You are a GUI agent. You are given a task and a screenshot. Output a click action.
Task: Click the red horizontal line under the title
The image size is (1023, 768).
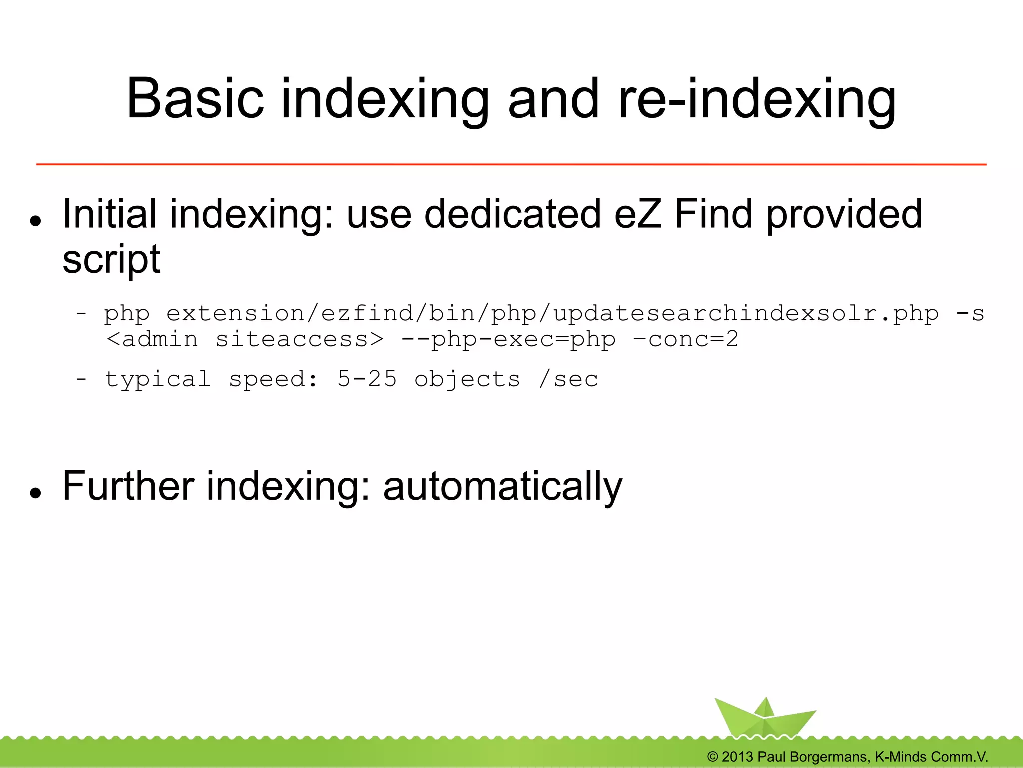point(511,164)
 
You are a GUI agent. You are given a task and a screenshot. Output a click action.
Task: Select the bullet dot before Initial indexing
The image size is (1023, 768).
point(35,220)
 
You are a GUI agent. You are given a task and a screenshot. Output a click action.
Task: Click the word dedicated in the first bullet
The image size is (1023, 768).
point(512,214)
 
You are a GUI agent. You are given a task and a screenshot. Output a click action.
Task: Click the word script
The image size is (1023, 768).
point(111,260)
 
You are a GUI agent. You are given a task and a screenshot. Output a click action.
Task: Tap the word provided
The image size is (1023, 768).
point(844,214)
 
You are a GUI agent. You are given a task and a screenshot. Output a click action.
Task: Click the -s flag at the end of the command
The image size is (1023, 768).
point(970,314)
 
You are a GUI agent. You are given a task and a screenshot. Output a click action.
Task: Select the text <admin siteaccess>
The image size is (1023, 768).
point(245,340)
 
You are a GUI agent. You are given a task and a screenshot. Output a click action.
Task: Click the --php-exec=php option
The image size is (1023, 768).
point(509,340)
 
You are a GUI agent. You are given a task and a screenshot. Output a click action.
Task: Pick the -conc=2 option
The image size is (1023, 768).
point(685,340)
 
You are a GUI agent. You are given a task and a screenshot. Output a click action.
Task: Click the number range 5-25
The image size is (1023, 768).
point(367,379)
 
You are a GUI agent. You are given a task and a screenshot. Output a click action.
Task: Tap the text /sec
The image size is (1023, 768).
point(568,379)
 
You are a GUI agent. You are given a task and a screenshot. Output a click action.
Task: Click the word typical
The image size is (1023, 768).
point(157,379)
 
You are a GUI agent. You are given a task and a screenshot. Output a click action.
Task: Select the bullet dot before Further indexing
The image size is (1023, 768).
point(35,493)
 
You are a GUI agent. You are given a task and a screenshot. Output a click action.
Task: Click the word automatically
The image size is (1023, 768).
point(502,486)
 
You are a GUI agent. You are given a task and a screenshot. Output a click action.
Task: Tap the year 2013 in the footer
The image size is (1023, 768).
point(737,757)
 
